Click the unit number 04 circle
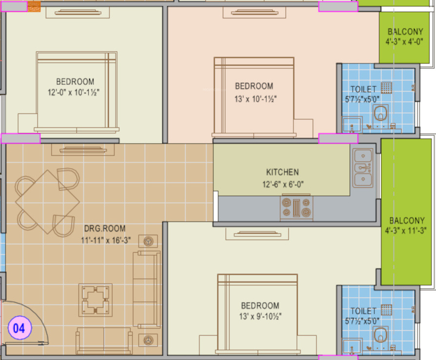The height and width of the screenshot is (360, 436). click(19, 328)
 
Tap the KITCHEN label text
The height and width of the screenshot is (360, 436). click(282, 172)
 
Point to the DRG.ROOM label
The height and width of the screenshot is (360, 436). click(104, 228)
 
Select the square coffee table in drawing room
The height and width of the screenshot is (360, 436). click(96, 299)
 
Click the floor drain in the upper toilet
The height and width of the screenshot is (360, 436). click(387, 87)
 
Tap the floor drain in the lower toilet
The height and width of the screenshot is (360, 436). click(387, 309)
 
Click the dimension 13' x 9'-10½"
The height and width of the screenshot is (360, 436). click(260, 316)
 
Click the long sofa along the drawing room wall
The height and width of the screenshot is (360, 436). click(146, 290)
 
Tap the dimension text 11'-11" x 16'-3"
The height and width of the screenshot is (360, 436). click(104, 240)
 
